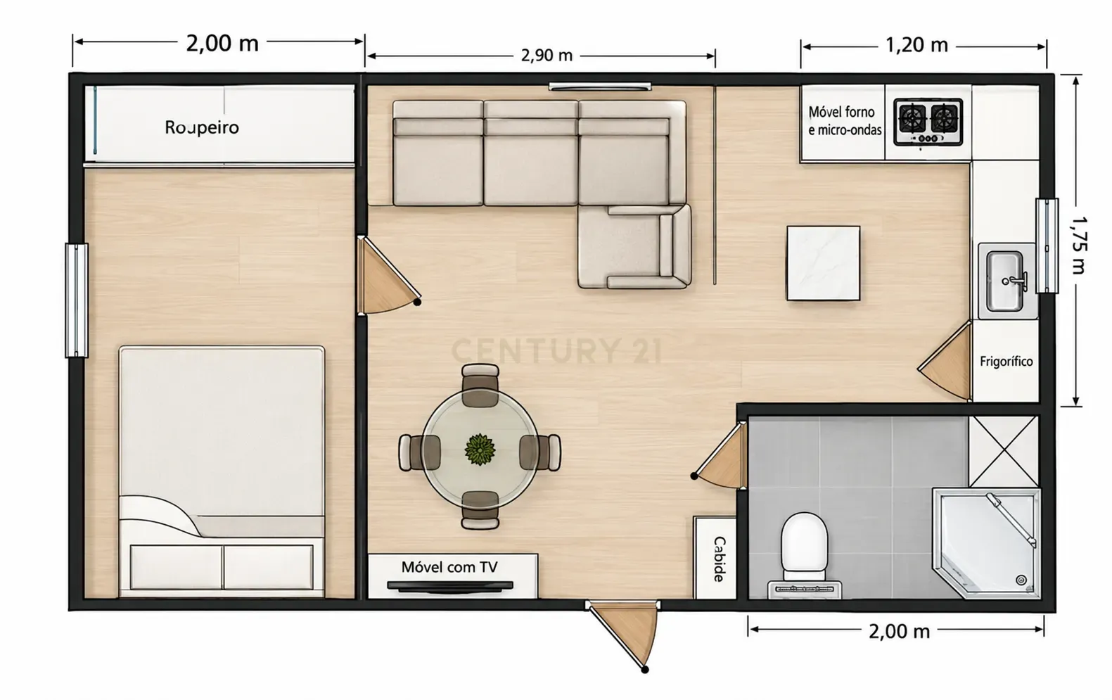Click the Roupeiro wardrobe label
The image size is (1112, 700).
coord(202,127)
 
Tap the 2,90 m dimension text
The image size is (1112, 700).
coord(547,55)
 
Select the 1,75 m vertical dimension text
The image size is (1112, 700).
coord(1078,246)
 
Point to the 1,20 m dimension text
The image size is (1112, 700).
coord(917,45)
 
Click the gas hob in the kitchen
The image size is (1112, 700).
coord(928,122)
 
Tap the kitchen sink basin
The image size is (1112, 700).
coord(1006,281)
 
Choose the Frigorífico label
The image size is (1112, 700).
coord(1006,362)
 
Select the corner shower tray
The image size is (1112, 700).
coord(987,543)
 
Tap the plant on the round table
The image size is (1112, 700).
coord(480,450)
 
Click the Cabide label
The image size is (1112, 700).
coord(719,559)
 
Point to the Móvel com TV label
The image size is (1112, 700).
coord(449,567)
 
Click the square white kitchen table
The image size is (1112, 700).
coord(823,263)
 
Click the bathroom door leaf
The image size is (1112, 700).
coord(721,456)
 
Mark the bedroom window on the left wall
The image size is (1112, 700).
coord(77,300)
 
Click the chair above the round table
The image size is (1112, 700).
coord(480,386)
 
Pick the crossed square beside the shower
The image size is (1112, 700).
coord(1003,451)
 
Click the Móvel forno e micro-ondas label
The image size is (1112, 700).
coord(845,120)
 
